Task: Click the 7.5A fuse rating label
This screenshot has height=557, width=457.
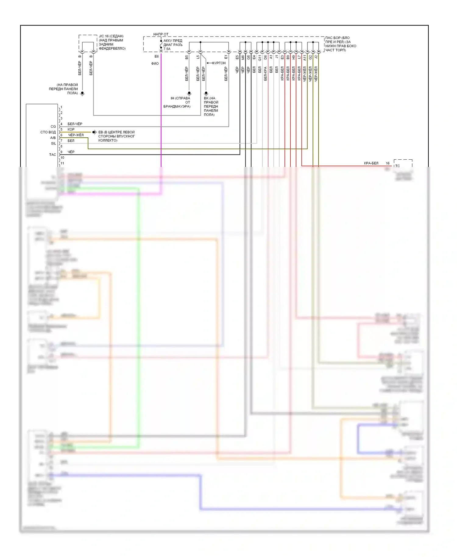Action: tap(167, 49)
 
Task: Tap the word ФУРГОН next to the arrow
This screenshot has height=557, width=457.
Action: tap(218, 63)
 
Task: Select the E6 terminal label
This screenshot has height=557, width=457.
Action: tap(157, 56)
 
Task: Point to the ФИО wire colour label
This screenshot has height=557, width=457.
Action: tap(155, 64)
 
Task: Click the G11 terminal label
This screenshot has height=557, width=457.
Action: tap(260, 58)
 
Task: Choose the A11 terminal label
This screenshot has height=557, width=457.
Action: tap(305, 58)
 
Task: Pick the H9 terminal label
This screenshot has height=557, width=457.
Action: tap(294, 57)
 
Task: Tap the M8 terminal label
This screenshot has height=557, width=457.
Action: tap(243, 57)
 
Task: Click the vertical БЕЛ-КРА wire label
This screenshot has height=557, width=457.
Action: tap(265, 74)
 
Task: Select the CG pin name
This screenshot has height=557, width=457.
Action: tap(53, 126)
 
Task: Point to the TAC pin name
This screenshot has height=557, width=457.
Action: tap(53, 155)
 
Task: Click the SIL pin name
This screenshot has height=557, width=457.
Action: tap(54, 144)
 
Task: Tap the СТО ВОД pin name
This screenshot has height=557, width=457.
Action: tap(48, 132)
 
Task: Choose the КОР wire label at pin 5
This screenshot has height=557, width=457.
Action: tap(71, 129)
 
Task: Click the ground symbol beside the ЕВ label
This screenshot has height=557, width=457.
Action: tap(94, 132)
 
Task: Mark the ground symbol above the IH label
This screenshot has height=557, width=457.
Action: tap(189, 93)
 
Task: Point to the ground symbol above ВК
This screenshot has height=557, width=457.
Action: tap(206, 93)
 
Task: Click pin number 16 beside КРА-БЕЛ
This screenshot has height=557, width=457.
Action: tap(388, 163)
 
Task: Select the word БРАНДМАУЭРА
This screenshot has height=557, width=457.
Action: tap(177, 106)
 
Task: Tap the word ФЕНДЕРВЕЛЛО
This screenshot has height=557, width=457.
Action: tap(112, 48)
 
